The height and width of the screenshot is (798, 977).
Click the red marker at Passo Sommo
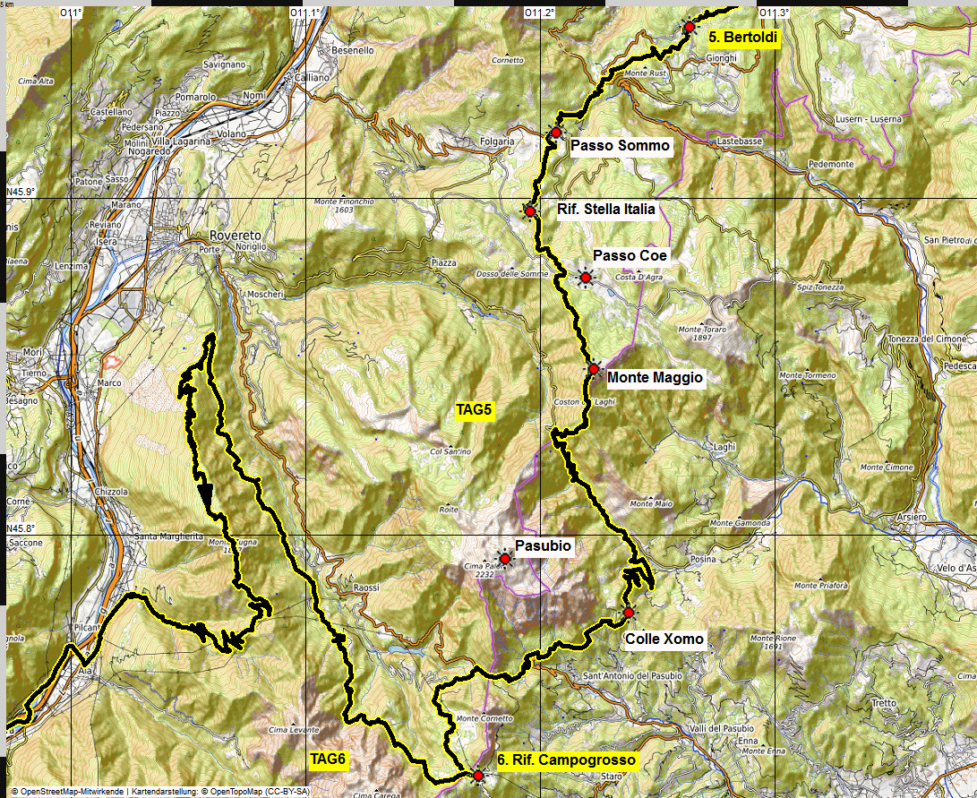pos(555,133)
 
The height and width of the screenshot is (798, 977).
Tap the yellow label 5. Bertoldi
pos(742,38)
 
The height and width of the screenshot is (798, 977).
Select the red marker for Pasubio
pos(504,559)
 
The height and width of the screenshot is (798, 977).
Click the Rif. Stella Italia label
pos(605,210)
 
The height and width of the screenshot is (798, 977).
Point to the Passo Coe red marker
pos(586,279)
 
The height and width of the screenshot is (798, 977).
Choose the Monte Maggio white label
pos(655,378)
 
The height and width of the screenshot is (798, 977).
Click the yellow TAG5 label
pos(475,410)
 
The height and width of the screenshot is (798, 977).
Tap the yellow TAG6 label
pos(328,759)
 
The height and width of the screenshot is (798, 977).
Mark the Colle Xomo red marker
pos(629,613)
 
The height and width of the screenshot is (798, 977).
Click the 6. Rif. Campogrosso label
pos(566,760)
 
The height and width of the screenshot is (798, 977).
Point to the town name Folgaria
pos(497,142)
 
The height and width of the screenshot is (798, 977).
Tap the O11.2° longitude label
pos(540,13)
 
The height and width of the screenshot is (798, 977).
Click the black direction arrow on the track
pos(205,493)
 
